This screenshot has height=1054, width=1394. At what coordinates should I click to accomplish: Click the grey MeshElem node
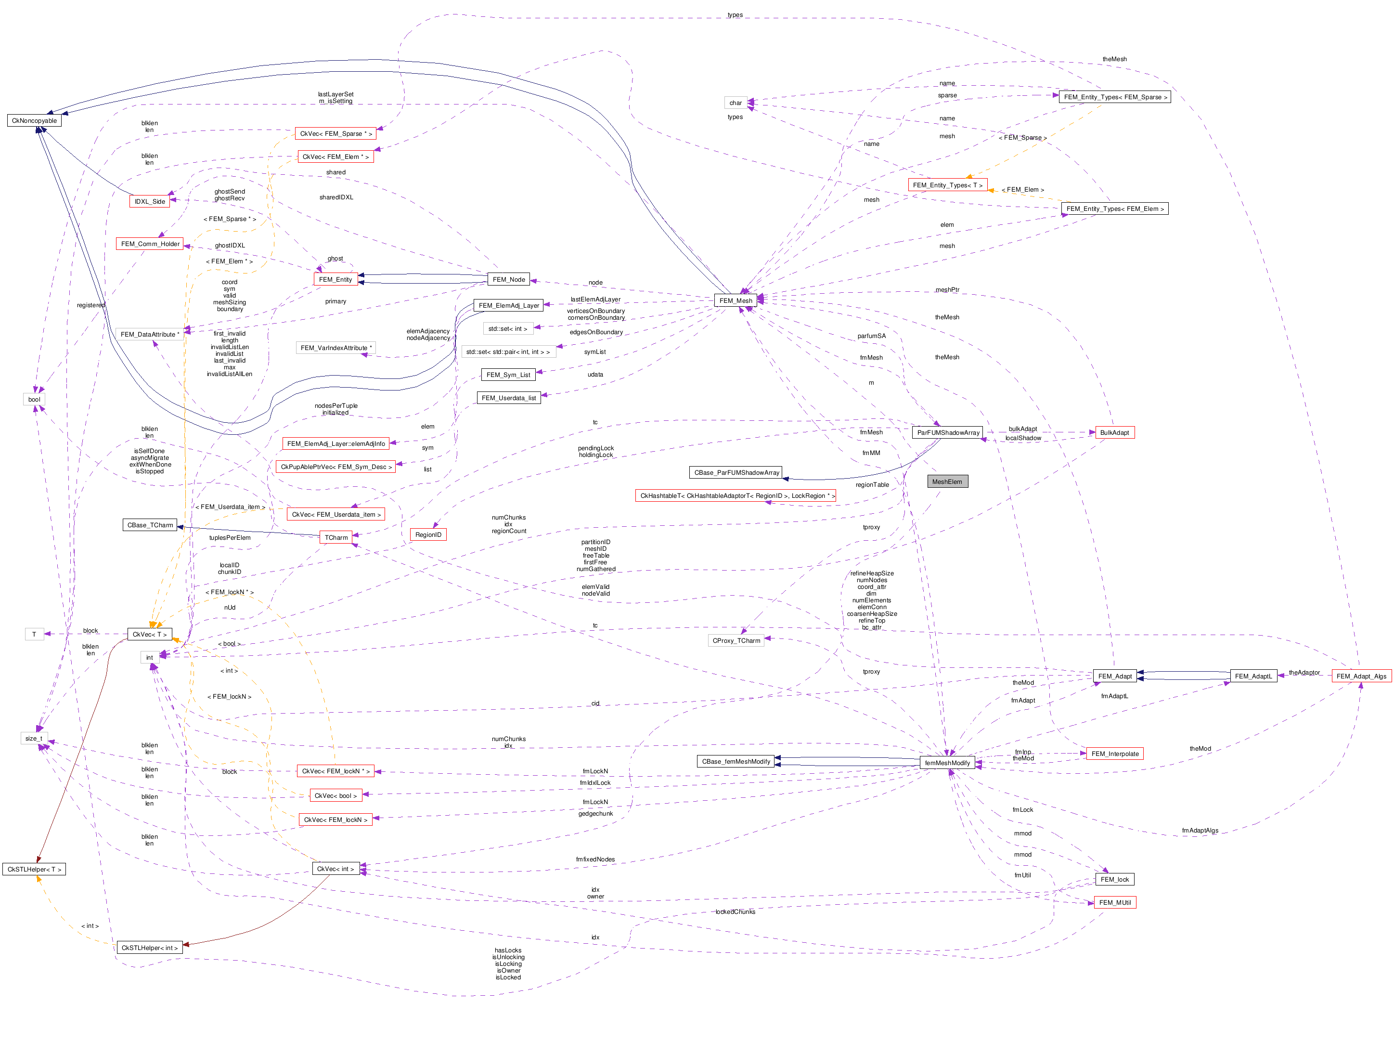click(x=947, y=481)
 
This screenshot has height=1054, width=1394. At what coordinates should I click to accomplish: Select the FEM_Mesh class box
click(x=736, y=300)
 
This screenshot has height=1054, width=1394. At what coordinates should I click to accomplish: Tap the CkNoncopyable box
click(x=34, y=120)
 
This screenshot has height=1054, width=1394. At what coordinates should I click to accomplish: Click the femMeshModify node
click(x=947, y=763)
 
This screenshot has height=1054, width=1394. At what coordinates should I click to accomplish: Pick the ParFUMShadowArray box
click(x=948, y=432)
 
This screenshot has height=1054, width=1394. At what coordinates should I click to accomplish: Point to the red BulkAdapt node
click(x=1114, y=432)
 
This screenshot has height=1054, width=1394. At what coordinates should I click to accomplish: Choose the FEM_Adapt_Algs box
click(x=1361, y=677)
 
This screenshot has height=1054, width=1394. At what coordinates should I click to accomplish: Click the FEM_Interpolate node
click(x=1114, y=754)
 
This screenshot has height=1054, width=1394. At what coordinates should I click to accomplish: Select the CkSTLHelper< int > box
click(x=149, y=948)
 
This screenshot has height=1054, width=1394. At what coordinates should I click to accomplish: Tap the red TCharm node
click(x=336, y=538)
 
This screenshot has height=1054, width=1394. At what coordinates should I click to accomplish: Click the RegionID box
click(x=428, y=534)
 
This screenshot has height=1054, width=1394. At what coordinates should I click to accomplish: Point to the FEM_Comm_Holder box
click(x=150, y=244)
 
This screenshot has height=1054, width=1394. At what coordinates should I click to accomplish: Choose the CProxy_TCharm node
click(x=736, y=640)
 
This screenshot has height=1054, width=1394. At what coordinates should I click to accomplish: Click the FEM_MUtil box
click(x=1115, y=903)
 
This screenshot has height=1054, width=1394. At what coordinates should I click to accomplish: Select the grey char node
click(x=736, y=103)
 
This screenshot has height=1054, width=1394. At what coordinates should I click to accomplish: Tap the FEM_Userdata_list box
click(x=509, y=398)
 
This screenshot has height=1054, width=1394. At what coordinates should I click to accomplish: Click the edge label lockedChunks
click(x=735, y=912)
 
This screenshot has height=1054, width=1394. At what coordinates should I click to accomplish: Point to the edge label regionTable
click(x=872, y=485)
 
